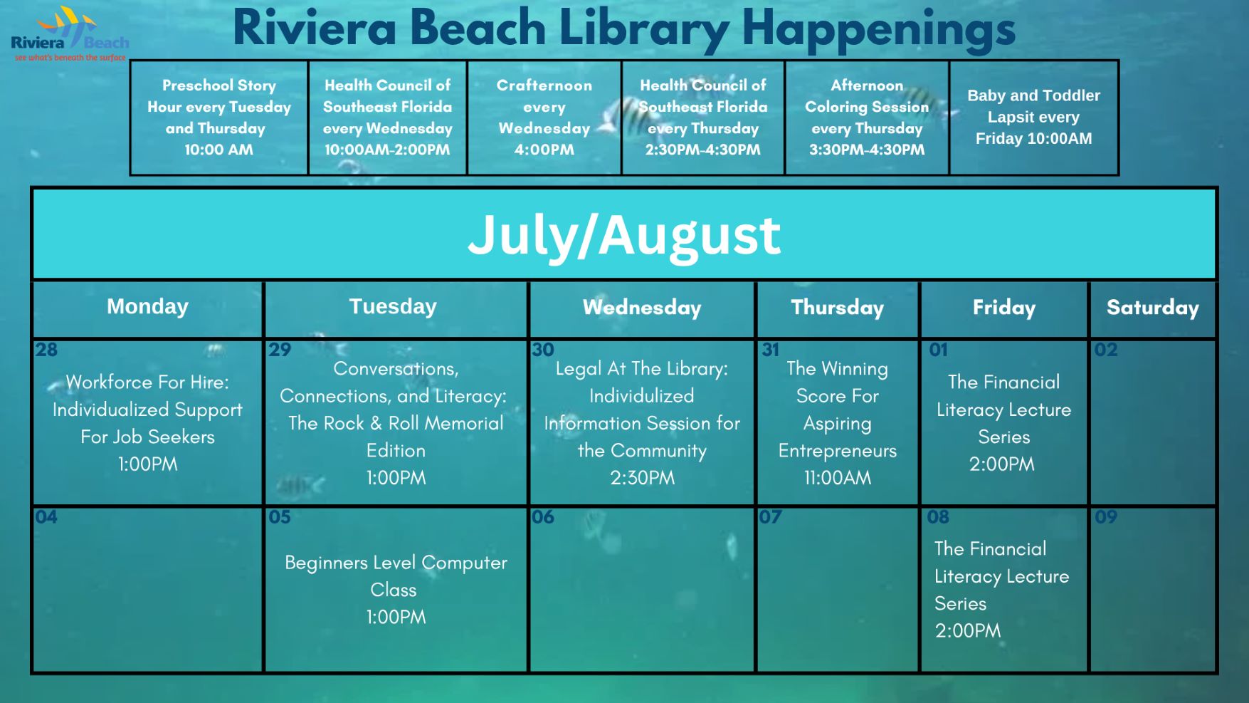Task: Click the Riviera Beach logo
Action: click(x=70, y=34)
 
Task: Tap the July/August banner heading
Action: click(x=624, y=234)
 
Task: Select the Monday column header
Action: click(x=147, y=307)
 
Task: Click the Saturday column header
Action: click(x=1152, y=308)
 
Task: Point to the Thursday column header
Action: click(x=837, y=308)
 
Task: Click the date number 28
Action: click(x=46, y=350)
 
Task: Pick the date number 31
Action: click(x=771, y=350)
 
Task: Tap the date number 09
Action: click(x=1106, y=516)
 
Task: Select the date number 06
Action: click(x=543, y=516)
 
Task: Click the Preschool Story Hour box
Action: click(x=219, y=118)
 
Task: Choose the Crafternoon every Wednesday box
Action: click(x=544, y=118)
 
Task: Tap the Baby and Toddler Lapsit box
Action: click(x=1033, y=118)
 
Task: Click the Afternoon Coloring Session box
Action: click(x=867, y=118)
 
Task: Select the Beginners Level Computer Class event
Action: click(x=396, y=590)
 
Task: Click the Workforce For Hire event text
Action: click(x=147, y=423)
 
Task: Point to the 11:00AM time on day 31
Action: click(x=838, y=478)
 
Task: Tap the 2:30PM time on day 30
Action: click(x=642, y=478)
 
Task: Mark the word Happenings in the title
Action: click(x=878, y=30)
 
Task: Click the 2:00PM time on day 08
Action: click(x=968, y=631)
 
